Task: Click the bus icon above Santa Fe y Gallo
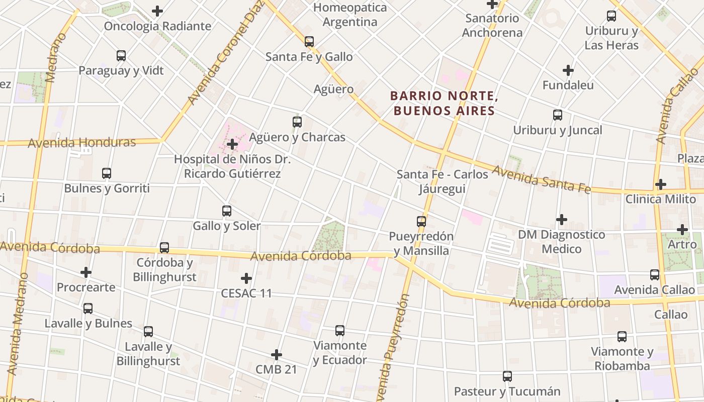(309, 42)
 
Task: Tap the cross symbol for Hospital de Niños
(232, 144)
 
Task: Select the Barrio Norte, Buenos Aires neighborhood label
(444, 103)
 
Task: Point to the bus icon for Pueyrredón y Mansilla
(421, 221)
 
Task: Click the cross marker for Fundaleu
(568, 70)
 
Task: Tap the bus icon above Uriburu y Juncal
(558, 115)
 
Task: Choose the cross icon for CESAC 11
(246, 278)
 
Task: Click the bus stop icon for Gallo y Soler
(227, 211)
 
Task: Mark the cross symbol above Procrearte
(86, 272)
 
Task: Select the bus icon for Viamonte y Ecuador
(340, 331)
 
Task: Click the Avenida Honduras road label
(82, 143)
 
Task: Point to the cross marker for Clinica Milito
(661, 184)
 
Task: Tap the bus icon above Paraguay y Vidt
(121, 56)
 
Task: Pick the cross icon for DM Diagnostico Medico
(562, 220)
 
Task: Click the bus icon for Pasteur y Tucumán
(507, 376)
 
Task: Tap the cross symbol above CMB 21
(277, 355)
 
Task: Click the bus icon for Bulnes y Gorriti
(107, 173)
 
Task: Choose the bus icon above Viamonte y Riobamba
(622, 337)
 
